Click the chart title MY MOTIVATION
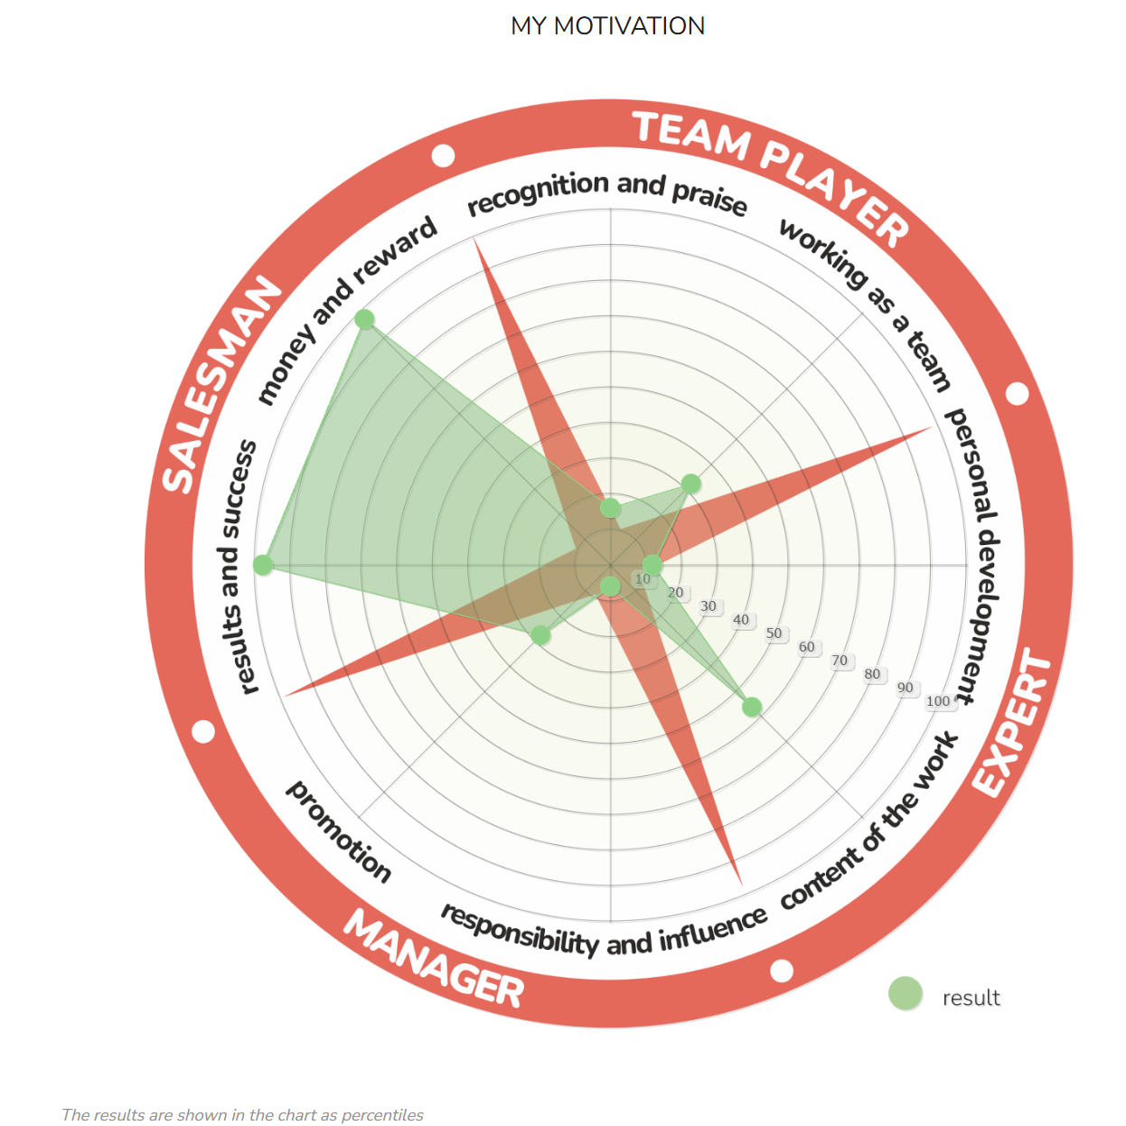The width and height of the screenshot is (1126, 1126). coord(607,25)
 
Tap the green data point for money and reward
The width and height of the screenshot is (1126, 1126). coord(364,319)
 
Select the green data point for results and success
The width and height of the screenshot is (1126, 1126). coord(263,565)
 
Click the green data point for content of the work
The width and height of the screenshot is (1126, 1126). coord(751,707)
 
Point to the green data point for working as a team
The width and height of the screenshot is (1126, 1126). coord(690,483)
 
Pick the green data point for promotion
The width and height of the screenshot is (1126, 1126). coord(540,635)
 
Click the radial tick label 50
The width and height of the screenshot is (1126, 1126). coord(774,633)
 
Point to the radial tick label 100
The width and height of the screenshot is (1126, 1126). coord(938,701)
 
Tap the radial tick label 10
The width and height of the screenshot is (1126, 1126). coord(643,579)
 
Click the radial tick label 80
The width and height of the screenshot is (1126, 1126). coord(872,674)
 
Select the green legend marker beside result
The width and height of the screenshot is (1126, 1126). coord(905,993)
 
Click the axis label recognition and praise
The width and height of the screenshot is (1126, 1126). coord(607,192)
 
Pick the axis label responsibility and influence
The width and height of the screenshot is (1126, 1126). coord(604,931)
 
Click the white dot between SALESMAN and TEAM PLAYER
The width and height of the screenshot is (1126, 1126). coord(443,155)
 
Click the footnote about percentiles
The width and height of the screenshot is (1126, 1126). coord(242,1114)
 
